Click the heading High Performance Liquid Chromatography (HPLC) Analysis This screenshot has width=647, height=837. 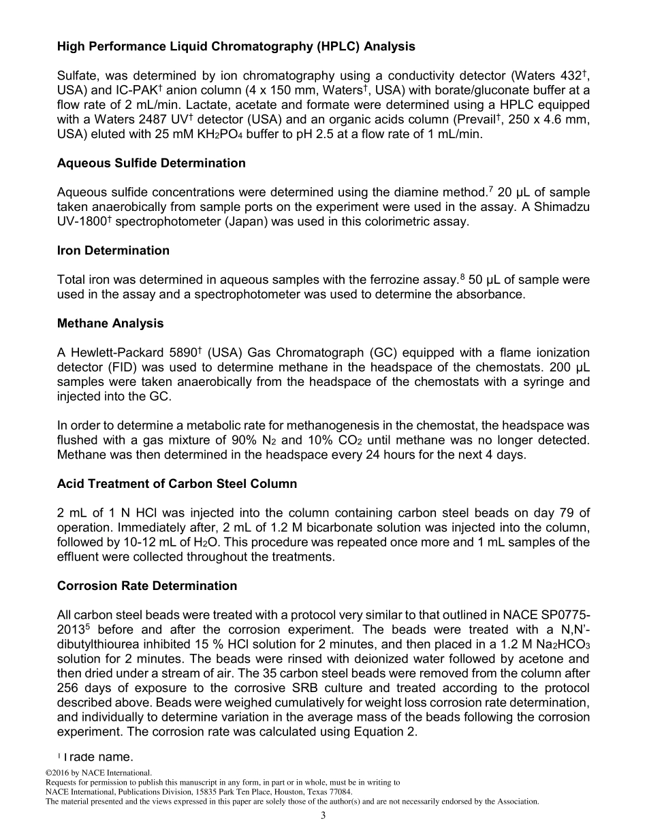236,47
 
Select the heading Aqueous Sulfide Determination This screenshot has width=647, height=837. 151,163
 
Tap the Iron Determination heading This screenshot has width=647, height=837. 113,250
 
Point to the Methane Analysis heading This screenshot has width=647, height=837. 110,323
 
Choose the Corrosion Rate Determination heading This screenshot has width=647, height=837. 147,586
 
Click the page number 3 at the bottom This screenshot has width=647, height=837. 323,816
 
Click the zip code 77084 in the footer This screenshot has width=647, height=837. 340,792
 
